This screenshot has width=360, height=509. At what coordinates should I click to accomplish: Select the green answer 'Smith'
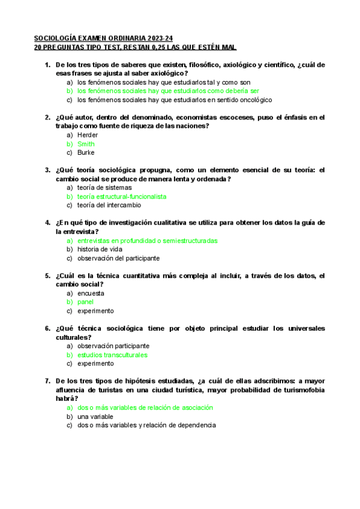[x=86, y=144]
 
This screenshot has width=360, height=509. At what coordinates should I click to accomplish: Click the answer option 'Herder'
[x=88, y=135]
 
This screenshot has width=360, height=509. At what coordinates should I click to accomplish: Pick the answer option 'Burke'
[x=86, y=152]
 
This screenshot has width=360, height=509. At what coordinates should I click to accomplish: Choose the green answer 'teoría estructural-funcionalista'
[x=122, y=196]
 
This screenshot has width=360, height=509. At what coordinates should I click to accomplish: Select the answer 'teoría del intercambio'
[x=109, y=205]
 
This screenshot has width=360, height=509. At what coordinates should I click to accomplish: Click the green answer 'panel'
[x=85, y=302]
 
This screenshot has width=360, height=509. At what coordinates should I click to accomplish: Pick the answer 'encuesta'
[x=91, y=293]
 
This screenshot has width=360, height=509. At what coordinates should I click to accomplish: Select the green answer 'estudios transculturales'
[x=112, y=355]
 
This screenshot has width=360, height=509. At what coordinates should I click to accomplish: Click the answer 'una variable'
[x=95, y=416]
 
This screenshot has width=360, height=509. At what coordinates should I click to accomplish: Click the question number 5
[x=47, y=276]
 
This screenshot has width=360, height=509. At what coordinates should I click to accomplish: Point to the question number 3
[x=47, y=170]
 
